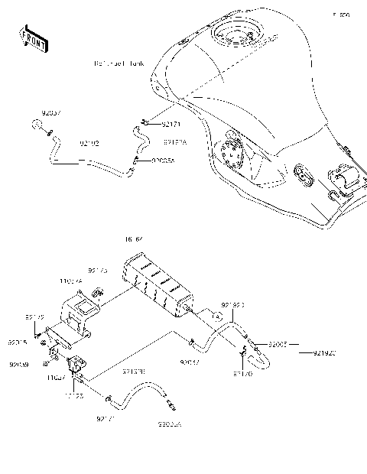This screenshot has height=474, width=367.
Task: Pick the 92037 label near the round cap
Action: point(50,113)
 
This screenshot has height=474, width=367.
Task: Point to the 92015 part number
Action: point(18,343)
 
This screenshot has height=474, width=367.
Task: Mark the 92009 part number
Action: point(19,365)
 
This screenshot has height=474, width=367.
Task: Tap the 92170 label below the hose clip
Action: point(242,374)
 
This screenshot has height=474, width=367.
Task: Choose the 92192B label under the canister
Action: point(134,372)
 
